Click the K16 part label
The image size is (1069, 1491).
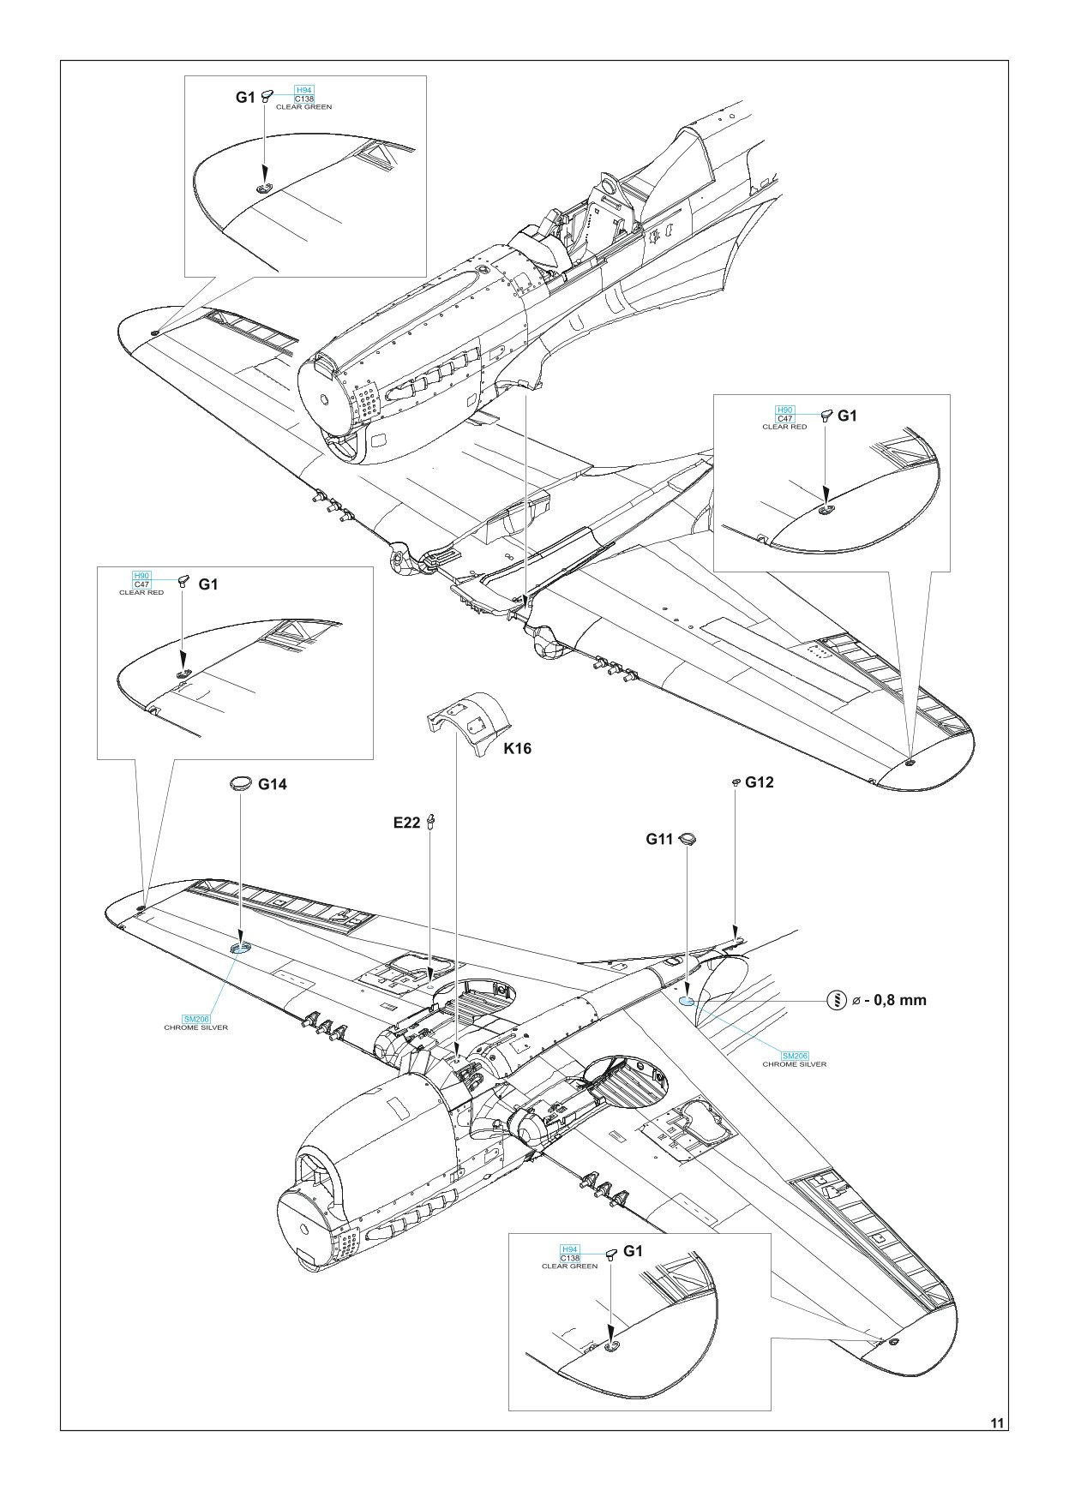coord(518,748)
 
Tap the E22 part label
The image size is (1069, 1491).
coord(406,823)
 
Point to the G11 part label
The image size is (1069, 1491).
coord(659,840)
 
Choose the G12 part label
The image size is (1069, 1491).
coord(760,781)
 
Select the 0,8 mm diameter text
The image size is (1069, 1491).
coord(889,1000)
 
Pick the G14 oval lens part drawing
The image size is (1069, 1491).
coord(241,782)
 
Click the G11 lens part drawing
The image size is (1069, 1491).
coord(688,838)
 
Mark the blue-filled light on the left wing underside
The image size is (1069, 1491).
coord(240,948)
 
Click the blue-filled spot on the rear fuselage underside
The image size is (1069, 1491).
coord(686,1000)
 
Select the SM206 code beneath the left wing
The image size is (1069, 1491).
coord(196,1019)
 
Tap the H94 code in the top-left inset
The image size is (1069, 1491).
coord(303,90)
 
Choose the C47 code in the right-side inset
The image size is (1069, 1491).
coord(784,419)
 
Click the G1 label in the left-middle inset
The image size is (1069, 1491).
coord(208,584)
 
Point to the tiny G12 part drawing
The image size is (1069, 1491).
coord(736,782)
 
